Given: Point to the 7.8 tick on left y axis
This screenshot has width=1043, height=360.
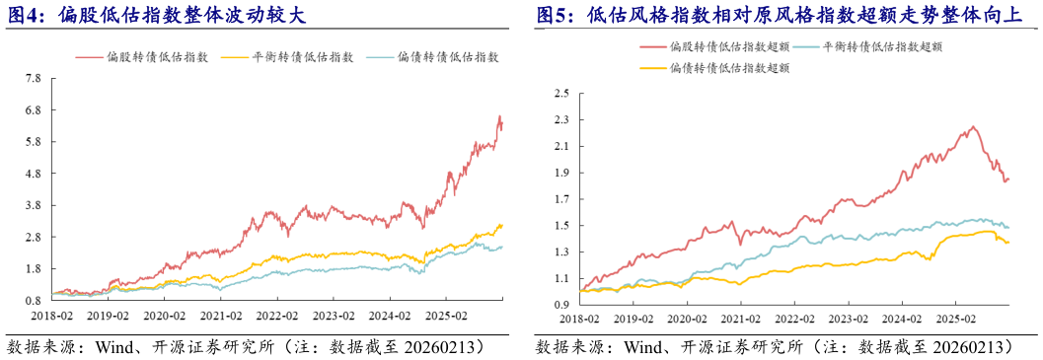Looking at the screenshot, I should pyautogui.click(x=35, y=78).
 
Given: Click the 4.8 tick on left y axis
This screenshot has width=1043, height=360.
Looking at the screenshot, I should pyautogui.click(x=35, y=174).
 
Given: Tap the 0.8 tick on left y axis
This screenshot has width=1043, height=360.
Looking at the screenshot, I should pyautogui.click(x=35, y=300).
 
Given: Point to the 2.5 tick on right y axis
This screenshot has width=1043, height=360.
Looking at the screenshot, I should pyautogui.click(x=562, y=94).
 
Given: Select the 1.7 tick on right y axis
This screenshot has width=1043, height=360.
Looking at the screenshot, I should pyautogui.click(x=562, y=199).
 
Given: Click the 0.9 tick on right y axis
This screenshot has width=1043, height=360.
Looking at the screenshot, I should pyautogui.click(x=562, y=305).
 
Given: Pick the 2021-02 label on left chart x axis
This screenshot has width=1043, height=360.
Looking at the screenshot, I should pyautogui.click(x=222, y=317).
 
